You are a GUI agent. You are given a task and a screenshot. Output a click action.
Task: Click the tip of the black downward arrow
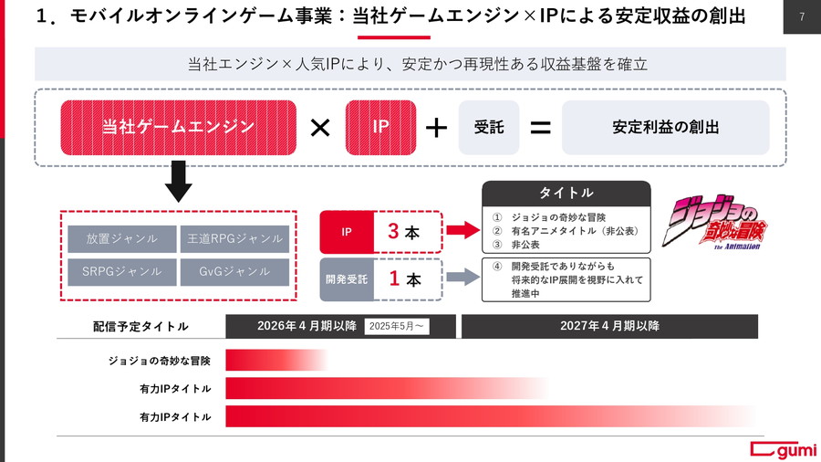(178, 202)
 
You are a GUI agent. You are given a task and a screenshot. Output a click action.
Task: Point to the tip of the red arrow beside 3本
(480, 229)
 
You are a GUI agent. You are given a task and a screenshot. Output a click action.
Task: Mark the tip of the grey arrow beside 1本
(480, 277)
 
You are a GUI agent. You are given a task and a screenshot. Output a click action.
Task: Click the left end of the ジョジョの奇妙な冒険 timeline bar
(226, 361)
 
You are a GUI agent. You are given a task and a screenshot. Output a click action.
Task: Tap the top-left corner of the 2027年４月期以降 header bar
(462, 315)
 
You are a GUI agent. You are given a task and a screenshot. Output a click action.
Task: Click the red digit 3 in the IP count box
(394, 231)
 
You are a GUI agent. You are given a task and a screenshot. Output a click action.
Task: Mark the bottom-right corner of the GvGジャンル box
(289, 286)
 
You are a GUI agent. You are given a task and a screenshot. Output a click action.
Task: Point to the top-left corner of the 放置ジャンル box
(68, 226)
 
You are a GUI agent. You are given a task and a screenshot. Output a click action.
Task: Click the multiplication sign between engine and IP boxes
(320, 127)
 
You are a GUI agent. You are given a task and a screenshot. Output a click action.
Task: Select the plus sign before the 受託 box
(436, 128)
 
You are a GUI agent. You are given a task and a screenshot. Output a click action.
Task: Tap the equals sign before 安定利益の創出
(540, 128)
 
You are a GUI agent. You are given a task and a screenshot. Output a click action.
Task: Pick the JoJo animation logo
(715, 222)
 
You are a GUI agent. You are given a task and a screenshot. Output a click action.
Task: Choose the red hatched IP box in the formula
(380, 127)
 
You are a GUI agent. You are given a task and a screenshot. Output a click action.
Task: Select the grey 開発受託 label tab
(347, 279)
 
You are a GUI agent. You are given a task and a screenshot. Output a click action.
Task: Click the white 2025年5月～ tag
(397, 326)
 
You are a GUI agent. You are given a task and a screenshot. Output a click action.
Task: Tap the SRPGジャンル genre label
(122, 272)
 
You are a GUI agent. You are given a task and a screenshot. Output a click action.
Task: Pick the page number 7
(802, 16)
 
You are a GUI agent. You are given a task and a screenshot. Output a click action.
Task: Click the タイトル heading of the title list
(566, 193)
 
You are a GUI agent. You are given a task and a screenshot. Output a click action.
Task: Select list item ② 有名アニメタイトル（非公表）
(566, 231)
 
